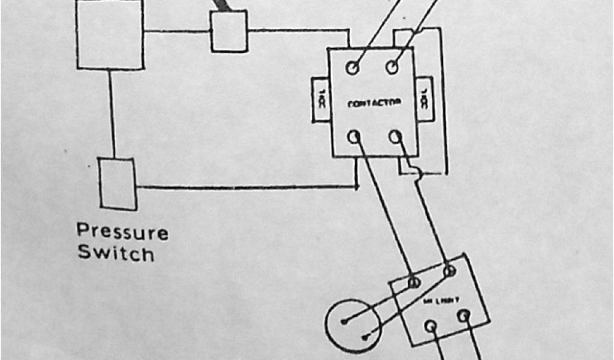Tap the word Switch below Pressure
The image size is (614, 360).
point(115,253)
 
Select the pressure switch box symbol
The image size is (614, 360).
point(117,184)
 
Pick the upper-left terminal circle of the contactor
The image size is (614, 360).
point(353,68)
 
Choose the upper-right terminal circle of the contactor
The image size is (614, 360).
point(392,67)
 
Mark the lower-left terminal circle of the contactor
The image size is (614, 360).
point(354,137)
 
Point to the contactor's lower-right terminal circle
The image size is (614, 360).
point(395,137)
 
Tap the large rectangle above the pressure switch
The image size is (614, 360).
point(110,34)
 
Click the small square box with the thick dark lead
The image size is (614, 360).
point(228,31)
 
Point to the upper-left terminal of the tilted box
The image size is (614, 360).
point(414,281)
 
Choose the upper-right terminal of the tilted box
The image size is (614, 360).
point(449,271)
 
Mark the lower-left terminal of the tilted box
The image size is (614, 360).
point(430,326)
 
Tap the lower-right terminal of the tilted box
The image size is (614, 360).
point(463,316)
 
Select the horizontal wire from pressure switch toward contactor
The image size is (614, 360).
point(246,187)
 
